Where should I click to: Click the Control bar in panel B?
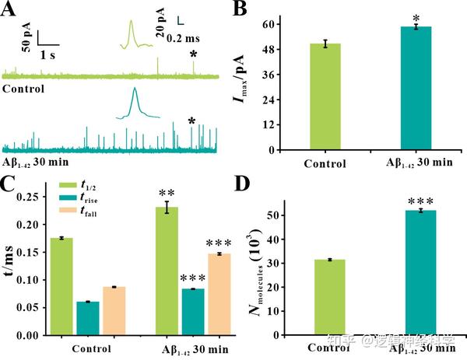pyautogui.click(x=325, y=96)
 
